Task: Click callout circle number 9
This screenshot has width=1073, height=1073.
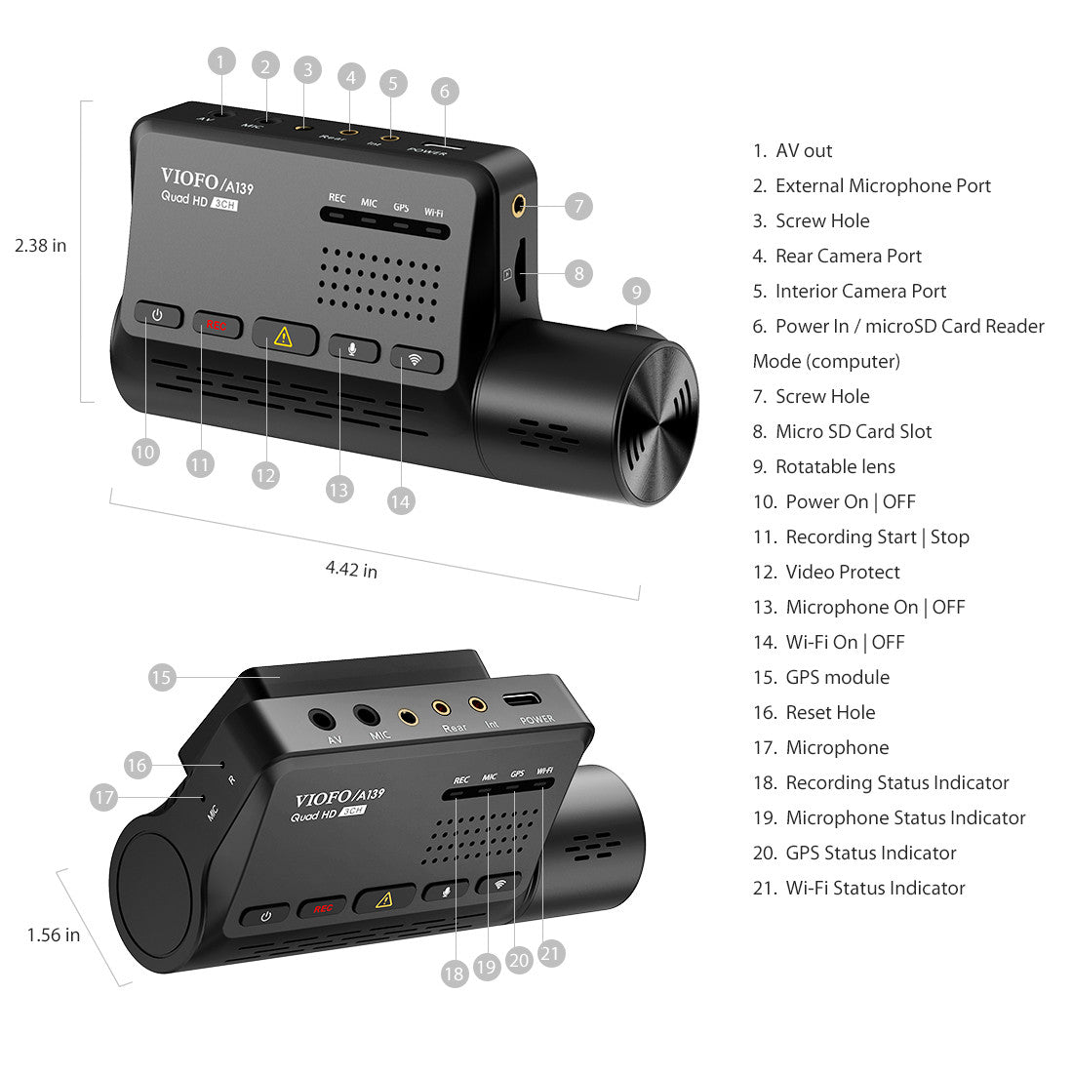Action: tap(636, 291)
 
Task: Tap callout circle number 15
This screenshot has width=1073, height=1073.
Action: tap(162, 677)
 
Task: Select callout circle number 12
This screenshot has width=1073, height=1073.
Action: tap(265, 475)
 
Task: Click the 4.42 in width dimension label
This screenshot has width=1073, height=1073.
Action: tap(351, 569)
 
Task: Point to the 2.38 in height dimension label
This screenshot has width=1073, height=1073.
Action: tap(41, 246)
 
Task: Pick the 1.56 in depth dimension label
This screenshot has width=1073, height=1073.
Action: tap(54, 935)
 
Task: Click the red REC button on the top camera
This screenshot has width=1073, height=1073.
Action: tap(217, 325)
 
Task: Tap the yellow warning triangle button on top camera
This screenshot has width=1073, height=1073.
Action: tap(284, 337)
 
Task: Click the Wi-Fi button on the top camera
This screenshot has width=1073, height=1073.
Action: tap(416, 359)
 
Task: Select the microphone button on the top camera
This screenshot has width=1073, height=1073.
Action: tap(352, 348)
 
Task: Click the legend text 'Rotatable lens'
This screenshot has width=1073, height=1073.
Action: tap(834, 466)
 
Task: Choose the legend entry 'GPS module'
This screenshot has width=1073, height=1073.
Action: tap(837, 677)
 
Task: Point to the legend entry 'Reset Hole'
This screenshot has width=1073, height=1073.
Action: tap(830, 712)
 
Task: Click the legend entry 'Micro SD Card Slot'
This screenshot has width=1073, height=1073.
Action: tap(853, 431)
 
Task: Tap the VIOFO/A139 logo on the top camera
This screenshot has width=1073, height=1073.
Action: tap(207, 180)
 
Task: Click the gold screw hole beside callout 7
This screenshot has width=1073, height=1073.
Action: tap(518, 206)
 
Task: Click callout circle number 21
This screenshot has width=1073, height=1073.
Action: tap(551, 953)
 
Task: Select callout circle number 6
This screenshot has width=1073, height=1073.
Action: tap(444, 92)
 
